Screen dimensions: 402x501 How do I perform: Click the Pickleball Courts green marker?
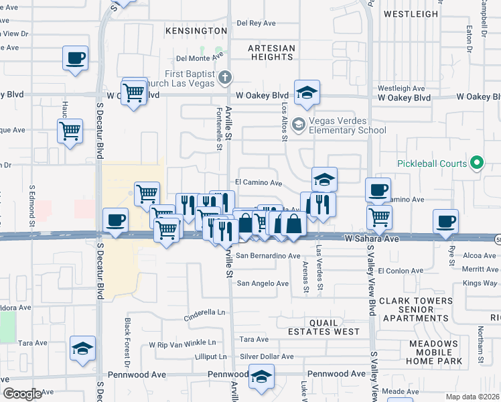477,163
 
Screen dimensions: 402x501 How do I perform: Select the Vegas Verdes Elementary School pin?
299,125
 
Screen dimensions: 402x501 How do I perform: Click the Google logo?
22,394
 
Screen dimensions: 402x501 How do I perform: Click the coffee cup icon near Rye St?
446,222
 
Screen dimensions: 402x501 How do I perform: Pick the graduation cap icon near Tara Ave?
82,349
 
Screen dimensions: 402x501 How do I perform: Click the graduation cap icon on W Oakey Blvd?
307,93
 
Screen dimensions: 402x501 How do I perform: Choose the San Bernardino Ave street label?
267,256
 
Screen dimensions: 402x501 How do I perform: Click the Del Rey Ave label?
256,23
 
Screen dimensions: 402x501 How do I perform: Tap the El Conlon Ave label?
401,271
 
